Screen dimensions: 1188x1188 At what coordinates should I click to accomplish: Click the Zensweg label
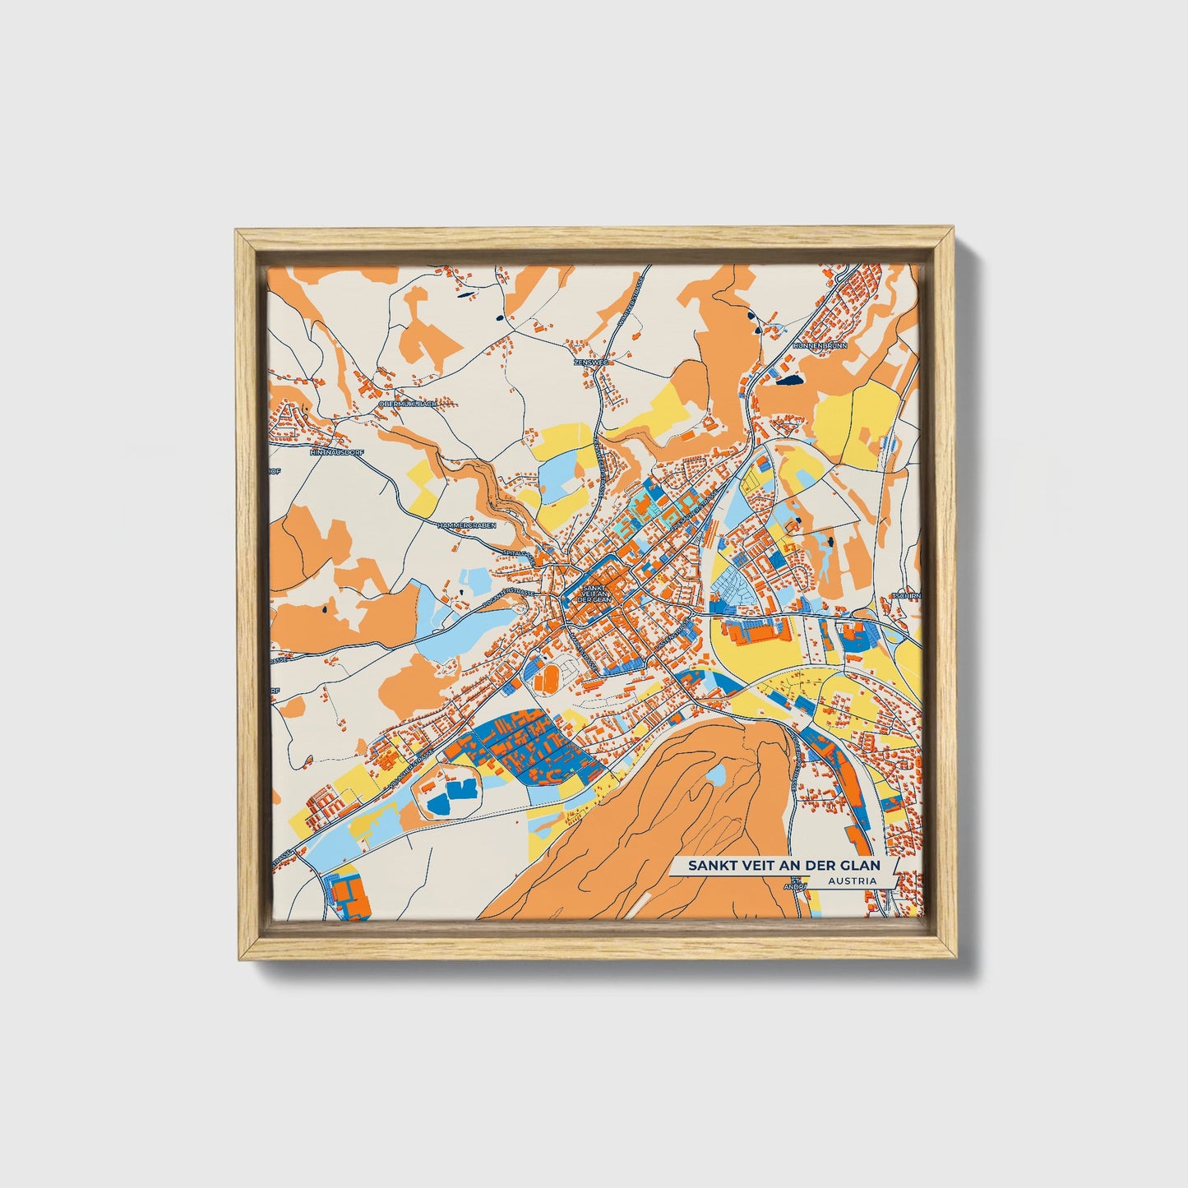point(586,361)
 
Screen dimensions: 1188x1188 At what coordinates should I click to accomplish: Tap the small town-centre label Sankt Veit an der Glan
point(596,594)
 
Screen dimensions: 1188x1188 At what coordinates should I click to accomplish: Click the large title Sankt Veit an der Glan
point(784,866)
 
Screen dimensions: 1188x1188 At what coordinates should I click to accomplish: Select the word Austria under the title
point(852,881)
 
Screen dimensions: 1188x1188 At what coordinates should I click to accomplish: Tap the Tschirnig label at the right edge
point(906,596)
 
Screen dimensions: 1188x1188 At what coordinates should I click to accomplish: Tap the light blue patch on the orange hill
point(716,774)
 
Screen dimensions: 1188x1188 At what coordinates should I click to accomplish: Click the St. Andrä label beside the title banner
point(794,885)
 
